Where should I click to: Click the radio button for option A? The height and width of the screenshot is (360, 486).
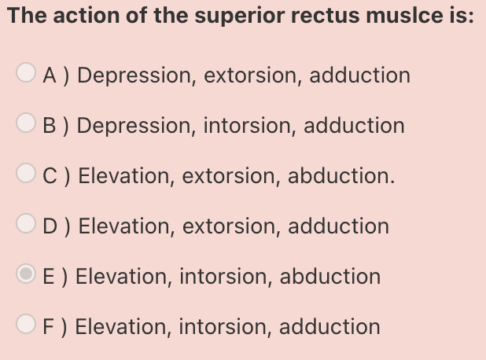tap(25, 75)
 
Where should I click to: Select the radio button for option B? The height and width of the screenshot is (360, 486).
tap(25, 126)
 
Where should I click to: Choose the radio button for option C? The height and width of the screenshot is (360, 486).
tap(25, 176)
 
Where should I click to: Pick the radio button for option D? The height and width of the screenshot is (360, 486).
tap(25, 226)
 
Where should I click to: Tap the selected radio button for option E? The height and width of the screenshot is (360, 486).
tap(25, 276)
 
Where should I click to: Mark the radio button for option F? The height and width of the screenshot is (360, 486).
tap(25, 326)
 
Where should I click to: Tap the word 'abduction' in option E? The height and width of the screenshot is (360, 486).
tap(330, 277)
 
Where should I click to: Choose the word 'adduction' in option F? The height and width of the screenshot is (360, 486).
tap(330, 326)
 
